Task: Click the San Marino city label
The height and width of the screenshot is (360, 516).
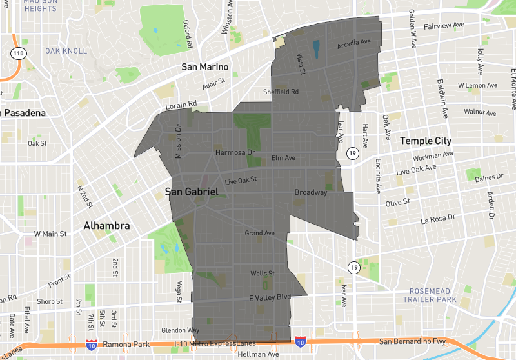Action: [x=205, y=67]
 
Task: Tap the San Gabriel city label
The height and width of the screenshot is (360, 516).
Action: [x=192, y=192]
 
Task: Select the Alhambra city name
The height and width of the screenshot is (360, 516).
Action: [x=107, y=226]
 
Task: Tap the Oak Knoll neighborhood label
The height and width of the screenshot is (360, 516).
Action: [x=62, y=50]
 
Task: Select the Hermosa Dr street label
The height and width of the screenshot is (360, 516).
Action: [x=235, y=153]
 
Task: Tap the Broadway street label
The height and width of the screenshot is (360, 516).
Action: [x=311, y=192]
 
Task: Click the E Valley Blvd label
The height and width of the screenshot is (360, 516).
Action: [x=270, y=297]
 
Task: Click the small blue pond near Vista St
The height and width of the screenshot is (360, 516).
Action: [x=316, y=48]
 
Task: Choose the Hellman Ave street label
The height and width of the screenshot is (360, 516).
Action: [x=258, y=355]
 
